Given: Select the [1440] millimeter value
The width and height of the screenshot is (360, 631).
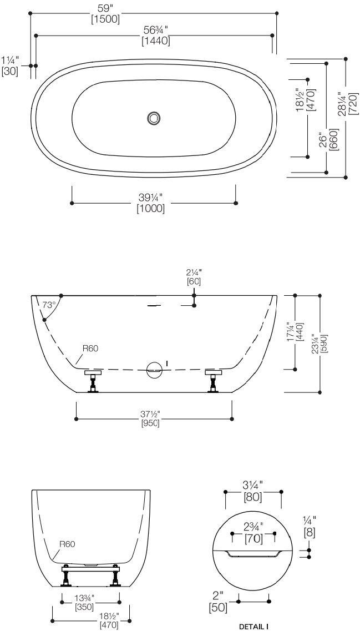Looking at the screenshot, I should tap(155, 41).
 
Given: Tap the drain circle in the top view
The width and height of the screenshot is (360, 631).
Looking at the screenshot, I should tap(154, 118).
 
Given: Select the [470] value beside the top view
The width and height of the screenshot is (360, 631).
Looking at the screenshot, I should tap(311, 100).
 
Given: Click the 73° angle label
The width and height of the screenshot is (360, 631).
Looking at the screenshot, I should tap(49, 305).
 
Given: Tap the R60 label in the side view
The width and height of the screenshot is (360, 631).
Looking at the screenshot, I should tap(91, 349).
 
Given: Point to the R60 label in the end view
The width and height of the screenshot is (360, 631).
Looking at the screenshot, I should tap(68, 544).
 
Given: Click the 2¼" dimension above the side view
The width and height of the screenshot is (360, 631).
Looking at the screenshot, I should tap(194, 272).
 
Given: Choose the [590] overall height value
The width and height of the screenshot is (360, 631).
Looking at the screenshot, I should tap(324, 344).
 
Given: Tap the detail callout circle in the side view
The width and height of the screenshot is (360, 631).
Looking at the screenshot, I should tap(154, 369).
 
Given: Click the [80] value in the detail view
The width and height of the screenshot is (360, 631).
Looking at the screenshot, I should tap(253, 497).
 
